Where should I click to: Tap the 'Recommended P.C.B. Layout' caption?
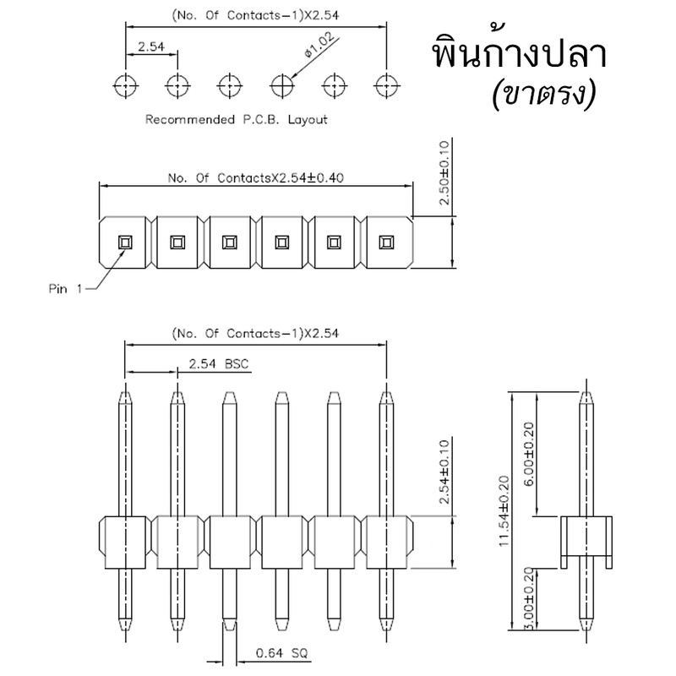(x=237, y=119)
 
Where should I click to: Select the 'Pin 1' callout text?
(x=65, y=288)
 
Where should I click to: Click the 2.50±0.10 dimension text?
(x=444, y=173)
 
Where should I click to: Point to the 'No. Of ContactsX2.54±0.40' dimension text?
(x=256, y=177)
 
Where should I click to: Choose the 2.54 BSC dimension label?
(x=219, y=364)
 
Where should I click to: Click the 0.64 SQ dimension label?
(x=282, y=653)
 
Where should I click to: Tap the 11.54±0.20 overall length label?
(x=504, y=511)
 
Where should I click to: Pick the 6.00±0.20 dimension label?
(x=529, y=454)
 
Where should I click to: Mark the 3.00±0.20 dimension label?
(x=529, y=598)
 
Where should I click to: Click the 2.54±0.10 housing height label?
(x=444, y=472)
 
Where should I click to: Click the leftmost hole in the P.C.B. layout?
(x=125, y=85)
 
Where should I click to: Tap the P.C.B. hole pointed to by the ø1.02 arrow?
(x=282, y=85)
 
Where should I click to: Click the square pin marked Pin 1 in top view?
(x=125, y=243)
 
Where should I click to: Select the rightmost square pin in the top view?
(x=386, y=243)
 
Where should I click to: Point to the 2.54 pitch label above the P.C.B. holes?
(x=151, y=46)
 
